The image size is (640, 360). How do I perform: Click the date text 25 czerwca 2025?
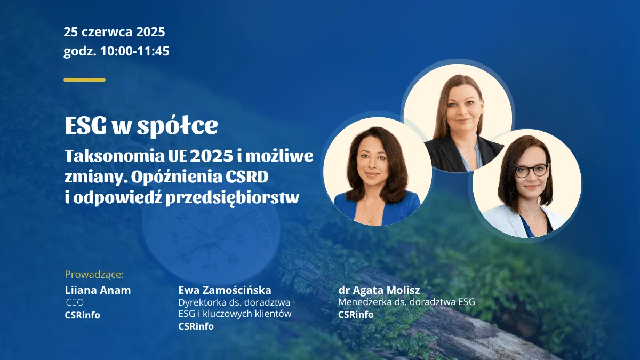click(x=114, y=31)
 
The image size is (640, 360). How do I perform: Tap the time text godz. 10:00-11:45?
click(x=117, y=51)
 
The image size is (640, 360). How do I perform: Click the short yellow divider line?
click(x=85, y=80)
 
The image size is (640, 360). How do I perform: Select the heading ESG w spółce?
click(x=141, y=125)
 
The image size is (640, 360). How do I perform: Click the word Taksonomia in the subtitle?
click(x=115, y=156)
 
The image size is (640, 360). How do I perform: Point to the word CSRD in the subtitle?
click(x=247, y=177)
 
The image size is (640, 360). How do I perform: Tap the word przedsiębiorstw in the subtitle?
click(x=233, y=198)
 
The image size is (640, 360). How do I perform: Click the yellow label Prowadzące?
click(x=94, y=274)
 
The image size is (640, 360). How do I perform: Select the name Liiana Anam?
click(x=98, y=290)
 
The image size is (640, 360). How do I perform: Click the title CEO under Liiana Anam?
click(x=75, y=302)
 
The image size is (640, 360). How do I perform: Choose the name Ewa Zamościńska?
click(x=225, y=290)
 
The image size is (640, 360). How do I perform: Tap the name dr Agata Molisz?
click(x=379, y=290)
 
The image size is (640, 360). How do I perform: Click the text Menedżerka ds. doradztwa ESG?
click(x=407, y=302)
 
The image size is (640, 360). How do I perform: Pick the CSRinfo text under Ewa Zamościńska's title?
click(x=196, y=326)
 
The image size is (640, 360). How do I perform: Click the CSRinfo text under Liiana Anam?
click(x=83, y=315)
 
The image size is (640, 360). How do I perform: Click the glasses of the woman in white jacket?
click(x=532, y=170)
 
